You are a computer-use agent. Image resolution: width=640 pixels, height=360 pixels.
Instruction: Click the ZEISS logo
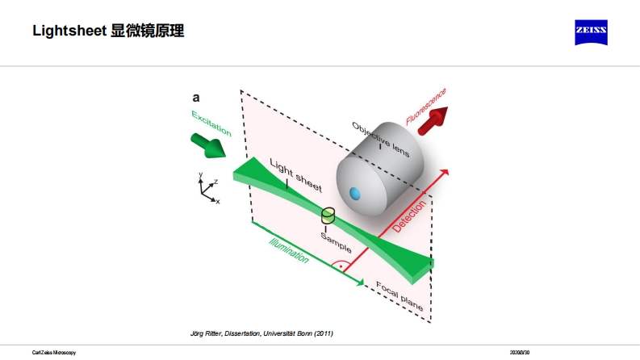[x=591, y=33]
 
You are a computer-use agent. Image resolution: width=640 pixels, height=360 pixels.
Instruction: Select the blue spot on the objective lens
[x=354, y=193]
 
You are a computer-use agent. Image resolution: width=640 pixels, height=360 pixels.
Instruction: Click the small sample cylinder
[x=328, y=216]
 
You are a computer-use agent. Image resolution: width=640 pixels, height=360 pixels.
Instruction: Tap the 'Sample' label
[x=335, y=241]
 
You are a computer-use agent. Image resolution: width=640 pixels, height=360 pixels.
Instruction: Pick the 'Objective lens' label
[x=380, y=140]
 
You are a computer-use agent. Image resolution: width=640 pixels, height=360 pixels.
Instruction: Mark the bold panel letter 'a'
[x=195, y=98]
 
